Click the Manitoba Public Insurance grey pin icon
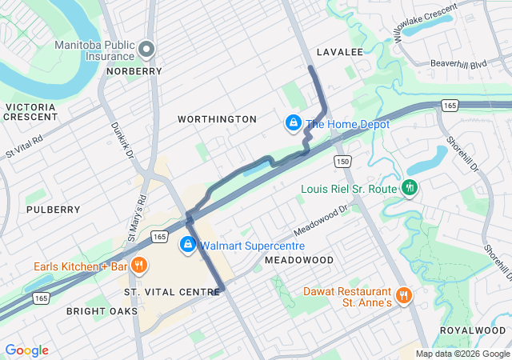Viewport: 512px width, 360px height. [x=146, y=50]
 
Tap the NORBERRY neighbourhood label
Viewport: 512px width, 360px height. [x=134, y=71]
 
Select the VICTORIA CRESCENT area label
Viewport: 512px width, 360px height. [x=30, y=111]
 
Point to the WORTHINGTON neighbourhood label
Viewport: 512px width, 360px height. [x=217, y=119]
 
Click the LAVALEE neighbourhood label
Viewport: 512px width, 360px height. [x=339, y=52]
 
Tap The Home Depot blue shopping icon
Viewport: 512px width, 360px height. [x=294, y=123]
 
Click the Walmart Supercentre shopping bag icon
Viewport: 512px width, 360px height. [x=187, y=245]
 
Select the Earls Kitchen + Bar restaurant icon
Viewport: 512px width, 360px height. [x=138, y=266]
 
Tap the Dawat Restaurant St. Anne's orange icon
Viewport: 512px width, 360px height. [x=403, y=294]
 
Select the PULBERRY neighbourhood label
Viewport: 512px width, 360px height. [x=53, y=210]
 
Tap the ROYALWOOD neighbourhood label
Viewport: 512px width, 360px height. [x=473, y=330]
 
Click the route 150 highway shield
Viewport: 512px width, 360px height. [x=343, y=162]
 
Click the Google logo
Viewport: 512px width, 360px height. [x=26, y=350]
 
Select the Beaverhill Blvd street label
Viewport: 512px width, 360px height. [x=458, y=63]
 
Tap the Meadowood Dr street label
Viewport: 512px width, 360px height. [x=321, y=218]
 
